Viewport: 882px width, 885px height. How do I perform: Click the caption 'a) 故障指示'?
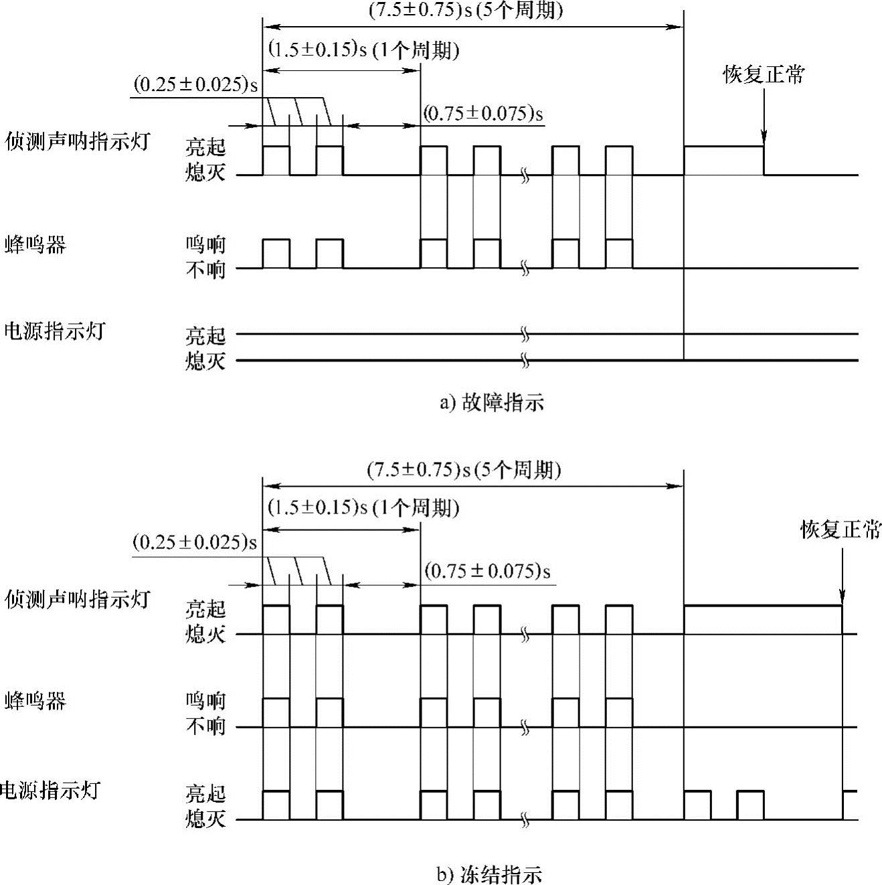click(491, 403)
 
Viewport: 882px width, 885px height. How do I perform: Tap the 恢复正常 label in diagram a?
click(763, 74)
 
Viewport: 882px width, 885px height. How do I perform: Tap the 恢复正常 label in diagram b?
click(841, 530)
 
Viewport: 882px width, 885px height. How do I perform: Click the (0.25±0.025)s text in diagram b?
click(195, 542)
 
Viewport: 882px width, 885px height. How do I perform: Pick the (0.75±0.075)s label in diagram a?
click(483, 113)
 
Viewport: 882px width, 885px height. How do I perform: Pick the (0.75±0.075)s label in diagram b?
click(487, 571)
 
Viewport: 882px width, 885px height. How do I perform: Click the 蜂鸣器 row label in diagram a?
click(35, 245)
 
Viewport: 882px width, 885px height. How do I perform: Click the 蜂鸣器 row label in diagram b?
click(35, 701)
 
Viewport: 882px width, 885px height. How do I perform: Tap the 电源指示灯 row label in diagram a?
click(54, 331)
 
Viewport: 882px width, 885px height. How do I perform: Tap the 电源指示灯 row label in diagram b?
click(50, 790)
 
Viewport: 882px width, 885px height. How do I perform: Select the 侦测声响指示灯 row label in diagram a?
click(77, 142)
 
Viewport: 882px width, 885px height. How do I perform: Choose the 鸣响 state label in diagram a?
click(205, 245)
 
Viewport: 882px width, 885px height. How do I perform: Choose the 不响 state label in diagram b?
click(205, 726)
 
